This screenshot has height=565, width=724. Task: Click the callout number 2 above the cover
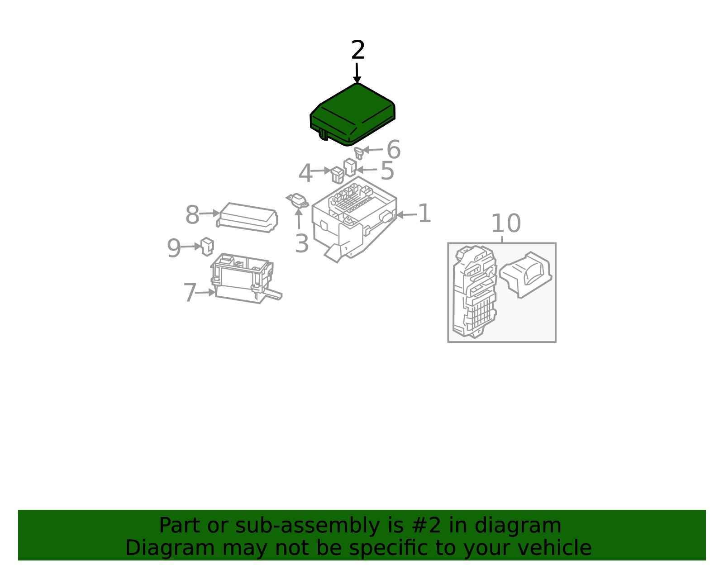358,50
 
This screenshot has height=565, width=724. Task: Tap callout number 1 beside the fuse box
424,214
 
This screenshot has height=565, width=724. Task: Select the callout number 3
302,243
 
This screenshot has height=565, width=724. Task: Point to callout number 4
305,173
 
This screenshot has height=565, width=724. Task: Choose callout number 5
387,171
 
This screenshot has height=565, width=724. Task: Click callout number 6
394,149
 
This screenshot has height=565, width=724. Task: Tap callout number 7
190,293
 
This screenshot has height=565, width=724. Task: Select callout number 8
192,215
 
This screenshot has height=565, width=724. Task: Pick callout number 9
174,248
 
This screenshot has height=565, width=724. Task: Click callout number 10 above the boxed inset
506,224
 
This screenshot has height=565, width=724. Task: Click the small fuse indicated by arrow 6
358,153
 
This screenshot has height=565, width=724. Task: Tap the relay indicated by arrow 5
350,167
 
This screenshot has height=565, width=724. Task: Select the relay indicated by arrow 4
337,175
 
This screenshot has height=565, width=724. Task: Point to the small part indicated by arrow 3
298,201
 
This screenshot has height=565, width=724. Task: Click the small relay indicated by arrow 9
207,247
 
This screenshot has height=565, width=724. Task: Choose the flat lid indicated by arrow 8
247,218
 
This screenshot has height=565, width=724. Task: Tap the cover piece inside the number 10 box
525,275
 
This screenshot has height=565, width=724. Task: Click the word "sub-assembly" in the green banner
307,526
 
